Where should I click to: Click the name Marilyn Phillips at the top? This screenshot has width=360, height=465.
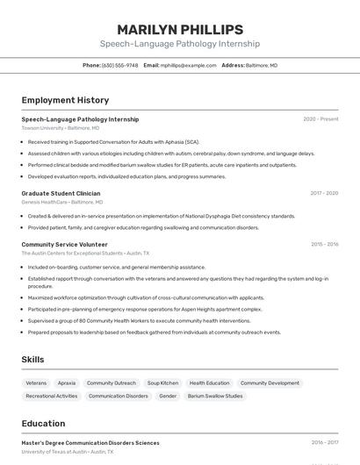179,29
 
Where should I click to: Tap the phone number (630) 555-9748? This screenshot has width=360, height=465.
119,65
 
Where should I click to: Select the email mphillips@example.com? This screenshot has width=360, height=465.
189,65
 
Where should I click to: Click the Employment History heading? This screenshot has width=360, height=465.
65,100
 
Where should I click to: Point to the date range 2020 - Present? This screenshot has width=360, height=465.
320,119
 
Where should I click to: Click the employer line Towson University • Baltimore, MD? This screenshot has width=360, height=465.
61,128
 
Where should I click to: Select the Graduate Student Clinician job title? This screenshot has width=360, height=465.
61,193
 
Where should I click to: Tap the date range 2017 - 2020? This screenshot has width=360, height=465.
324,193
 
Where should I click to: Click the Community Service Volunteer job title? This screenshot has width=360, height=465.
64,244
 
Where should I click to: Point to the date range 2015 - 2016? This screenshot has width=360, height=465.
324,244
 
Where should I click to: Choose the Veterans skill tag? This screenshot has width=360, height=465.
36,383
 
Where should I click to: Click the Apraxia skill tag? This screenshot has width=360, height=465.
67,383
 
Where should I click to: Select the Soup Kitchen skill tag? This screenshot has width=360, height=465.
162,383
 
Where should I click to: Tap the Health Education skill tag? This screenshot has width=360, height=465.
209,383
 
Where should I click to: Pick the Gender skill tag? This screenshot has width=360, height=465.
168,396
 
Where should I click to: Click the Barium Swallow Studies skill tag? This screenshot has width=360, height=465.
215,396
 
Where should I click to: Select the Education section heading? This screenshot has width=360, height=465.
43,423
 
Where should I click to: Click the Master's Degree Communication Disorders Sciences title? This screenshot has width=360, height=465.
90,443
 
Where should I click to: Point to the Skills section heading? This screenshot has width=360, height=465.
33,360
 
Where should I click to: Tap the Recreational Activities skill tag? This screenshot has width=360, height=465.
52,396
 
